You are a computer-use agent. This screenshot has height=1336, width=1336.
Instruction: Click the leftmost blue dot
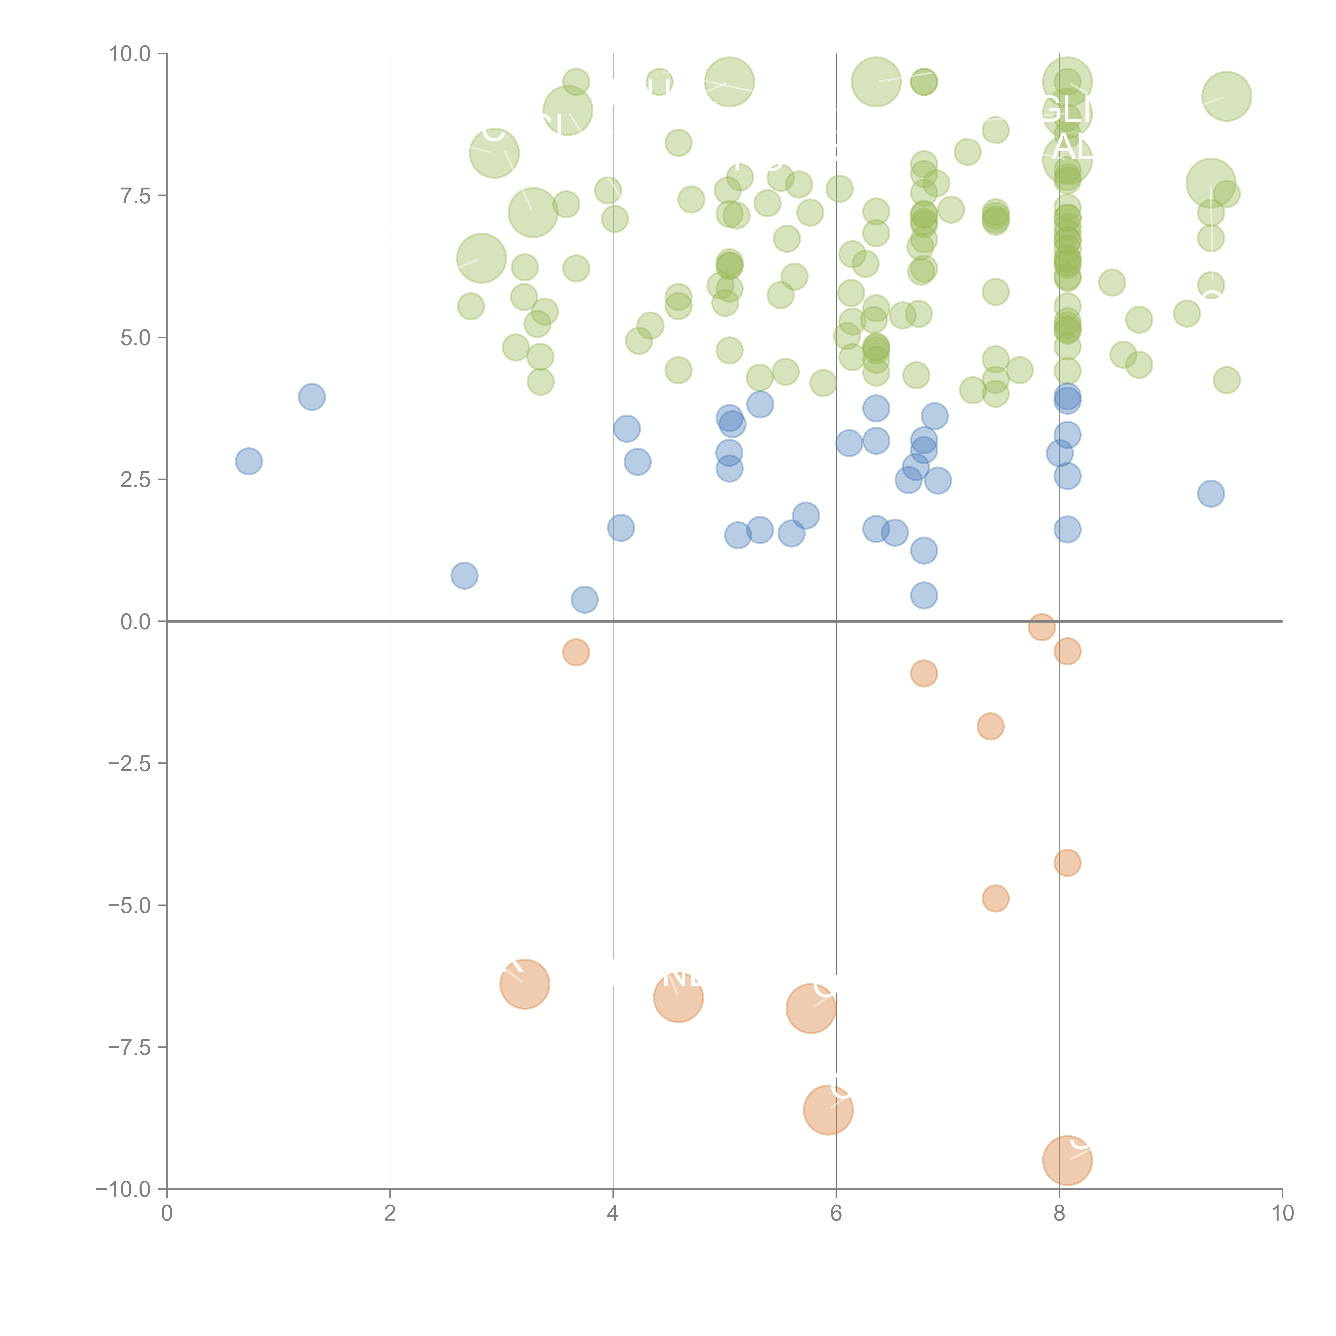click(248, 461)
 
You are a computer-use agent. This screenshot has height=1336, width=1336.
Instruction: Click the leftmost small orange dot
click(576, 652)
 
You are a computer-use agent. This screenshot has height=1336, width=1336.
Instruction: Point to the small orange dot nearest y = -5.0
click(995, 898)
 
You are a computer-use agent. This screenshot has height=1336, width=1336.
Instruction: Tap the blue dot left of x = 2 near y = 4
click(312, 397)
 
